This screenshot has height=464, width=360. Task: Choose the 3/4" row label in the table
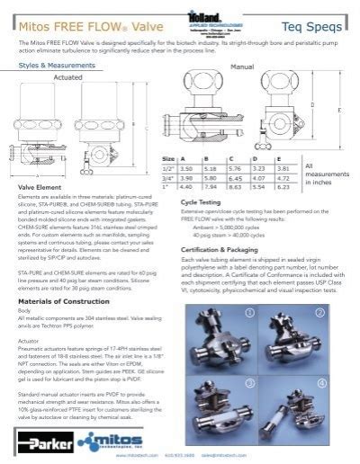168,177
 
